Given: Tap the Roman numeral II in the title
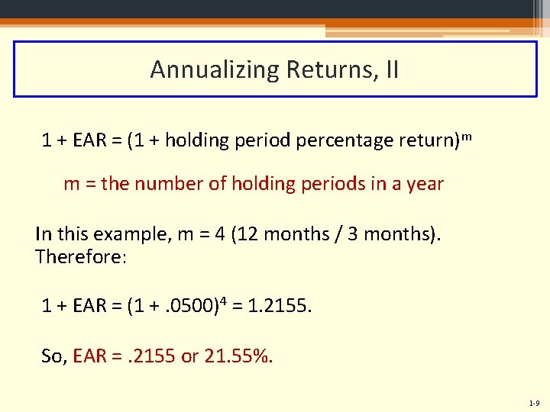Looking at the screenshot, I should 390,69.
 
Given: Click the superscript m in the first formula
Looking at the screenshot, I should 465,136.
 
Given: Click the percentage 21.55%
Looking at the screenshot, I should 238,355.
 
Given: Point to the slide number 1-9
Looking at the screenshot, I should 532,402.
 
